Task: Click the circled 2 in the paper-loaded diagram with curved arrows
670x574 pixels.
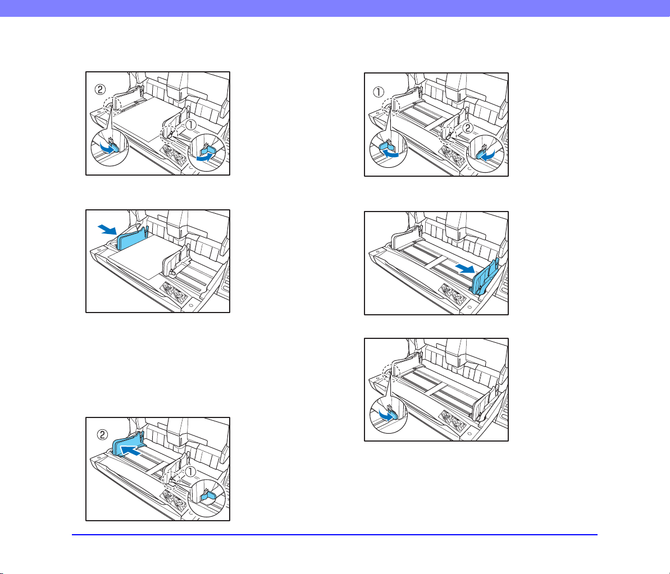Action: tap(99, 90)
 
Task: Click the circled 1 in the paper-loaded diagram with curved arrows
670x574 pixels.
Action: tap(190, 125)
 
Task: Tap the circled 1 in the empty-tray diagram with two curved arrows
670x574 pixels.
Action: tap(379, 92)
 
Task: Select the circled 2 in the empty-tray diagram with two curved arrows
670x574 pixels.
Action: tap(468, 127)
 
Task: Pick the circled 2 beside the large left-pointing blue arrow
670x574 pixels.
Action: tap(102, 434)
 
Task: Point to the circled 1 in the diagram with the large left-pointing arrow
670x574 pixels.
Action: tap(190, 471)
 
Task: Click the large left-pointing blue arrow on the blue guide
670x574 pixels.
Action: tap(130, 450)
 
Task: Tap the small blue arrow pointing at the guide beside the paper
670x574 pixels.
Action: tap(107, 229)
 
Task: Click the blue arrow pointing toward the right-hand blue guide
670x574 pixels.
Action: tap(465, 268)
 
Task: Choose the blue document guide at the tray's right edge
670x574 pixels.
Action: tap(485, 277)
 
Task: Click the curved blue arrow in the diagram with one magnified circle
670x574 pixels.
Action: tap(386, 415)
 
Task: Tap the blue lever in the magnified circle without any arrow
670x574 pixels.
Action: tap(207, 494)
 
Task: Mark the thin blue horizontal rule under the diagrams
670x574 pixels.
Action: tap(335, 534)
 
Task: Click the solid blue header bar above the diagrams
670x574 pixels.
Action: tap(335, 8)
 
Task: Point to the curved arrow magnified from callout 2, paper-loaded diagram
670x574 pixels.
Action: tap(106, 148)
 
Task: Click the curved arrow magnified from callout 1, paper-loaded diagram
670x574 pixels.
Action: tap(204, 158)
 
